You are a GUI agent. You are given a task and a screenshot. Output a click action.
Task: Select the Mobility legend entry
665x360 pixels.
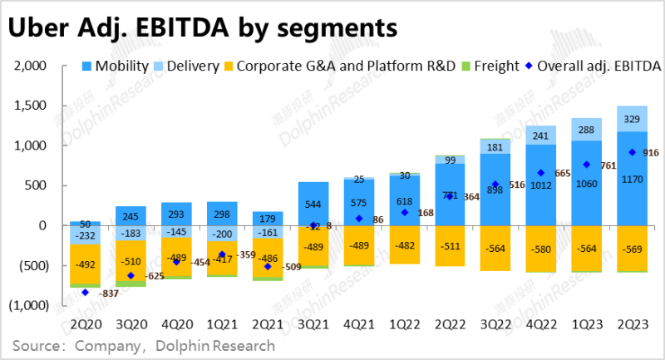(x=116, y=66)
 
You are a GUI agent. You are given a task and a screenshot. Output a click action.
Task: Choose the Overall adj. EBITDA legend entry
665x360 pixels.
(x=598, y=66)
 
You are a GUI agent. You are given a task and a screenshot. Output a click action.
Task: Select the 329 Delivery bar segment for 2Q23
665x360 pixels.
(x=632, y=119)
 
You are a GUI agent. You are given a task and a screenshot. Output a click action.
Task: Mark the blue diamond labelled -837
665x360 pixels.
(x=85, y=293)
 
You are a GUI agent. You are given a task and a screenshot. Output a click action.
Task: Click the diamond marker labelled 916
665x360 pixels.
(x=609, y=152)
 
